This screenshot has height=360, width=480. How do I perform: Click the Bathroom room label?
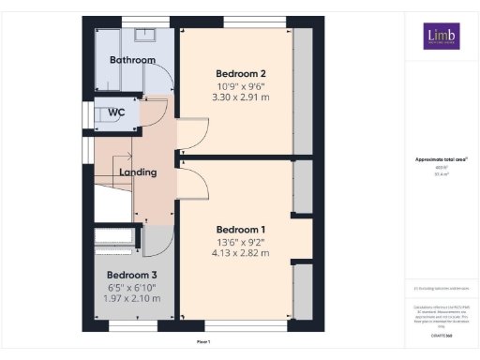tap(132, 60)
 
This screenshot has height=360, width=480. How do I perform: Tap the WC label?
tap(116, 112)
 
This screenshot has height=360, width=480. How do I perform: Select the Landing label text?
tap(138, 172)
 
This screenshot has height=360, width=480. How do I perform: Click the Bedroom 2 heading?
tap(241, 74)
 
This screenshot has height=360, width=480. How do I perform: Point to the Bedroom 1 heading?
tap(241, 230)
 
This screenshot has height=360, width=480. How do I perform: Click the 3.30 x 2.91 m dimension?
tap(241, 97)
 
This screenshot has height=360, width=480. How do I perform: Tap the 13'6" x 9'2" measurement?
tap(241, 242)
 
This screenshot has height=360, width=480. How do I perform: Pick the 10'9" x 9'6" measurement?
tap(241, 86)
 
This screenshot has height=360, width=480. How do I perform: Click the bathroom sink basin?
tap(146, 36)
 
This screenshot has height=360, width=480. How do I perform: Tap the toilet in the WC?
tap(94, 113)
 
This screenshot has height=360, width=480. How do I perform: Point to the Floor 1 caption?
tap(202, 343)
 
